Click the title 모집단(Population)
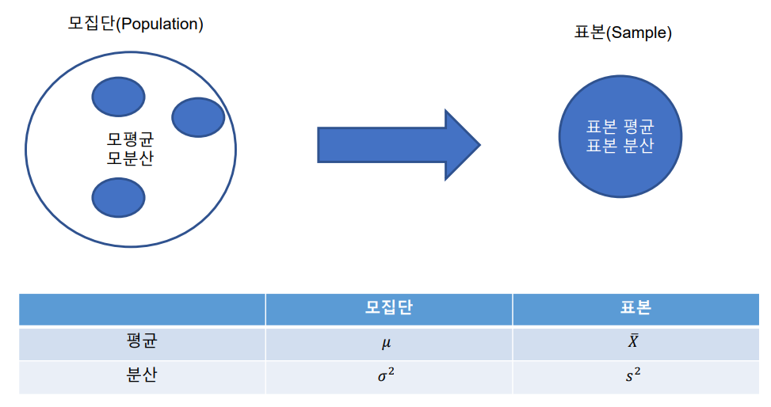click(136, 25)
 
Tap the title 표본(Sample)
click(623, 33)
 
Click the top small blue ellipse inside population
click(119, 97)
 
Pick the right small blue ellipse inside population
click(198, 117)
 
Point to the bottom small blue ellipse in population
click(118, 197)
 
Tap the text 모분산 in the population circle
click(130, 158)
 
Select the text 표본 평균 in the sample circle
click(620, 127)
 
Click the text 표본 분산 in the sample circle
click(620, 146)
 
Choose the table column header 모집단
click(388, 308)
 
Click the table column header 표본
click(636, 308)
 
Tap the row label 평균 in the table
click(142, 342)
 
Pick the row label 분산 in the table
click(142, 375)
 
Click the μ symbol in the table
click(387, 344)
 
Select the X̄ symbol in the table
click(634, 342)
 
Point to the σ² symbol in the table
click(386, 375)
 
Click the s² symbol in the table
click(633, 375)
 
